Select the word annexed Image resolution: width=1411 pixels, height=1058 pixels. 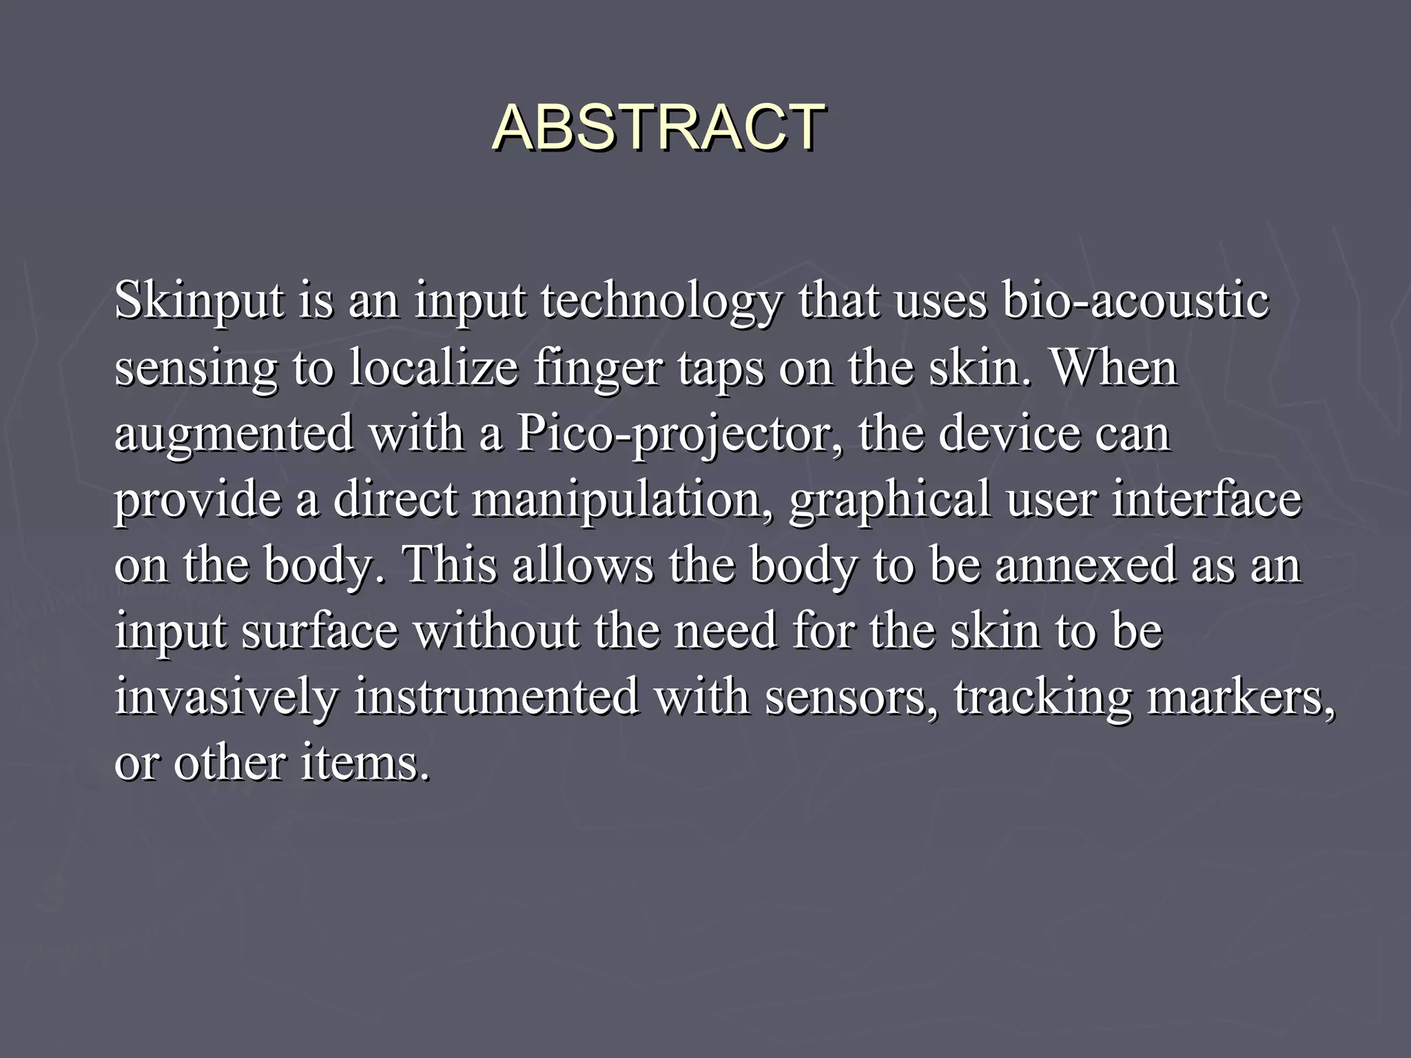pyautogui.click(x=1085, y=565)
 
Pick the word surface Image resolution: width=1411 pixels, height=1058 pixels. pyautogui.click(x=320, y=631)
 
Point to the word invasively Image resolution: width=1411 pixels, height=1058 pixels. pyautogui.click(x=227, y=697)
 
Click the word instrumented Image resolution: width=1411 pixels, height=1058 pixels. pyautogui.click(x=497, y=697)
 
